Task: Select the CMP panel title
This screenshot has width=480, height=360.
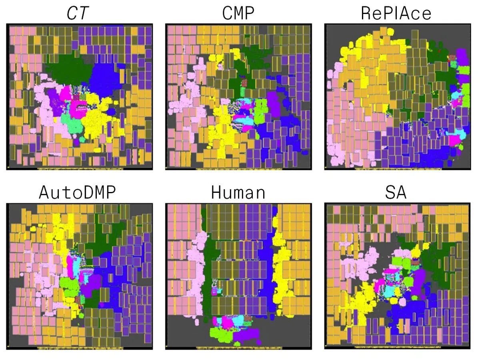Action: pos(238,14)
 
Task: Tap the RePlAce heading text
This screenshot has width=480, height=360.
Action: pos(396,14)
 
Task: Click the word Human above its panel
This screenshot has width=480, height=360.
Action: pos(238,193)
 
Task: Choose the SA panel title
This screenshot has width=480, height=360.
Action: pos(396,193)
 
